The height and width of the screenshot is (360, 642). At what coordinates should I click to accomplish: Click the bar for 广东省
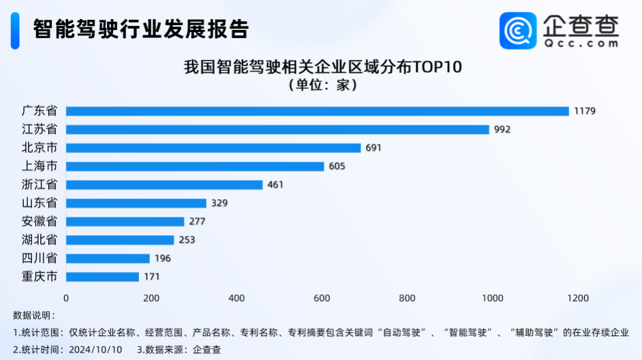coord(317,111)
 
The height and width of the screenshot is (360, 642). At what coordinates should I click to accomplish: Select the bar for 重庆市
coord(102,277)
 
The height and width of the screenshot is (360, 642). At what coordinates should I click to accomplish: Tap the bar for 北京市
coord(213,148)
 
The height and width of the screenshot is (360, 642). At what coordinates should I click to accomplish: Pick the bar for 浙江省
coord(164,185)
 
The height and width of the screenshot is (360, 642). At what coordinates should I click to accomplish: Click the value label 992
coord(502,130)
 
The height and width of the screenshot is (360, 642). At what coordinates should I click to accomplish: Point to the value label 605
coord(337,166)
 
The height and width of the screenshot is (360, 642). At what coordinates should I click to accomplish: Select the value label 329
coord(219,203)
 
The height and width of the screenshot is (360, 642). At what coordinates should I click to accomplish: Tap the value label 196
coord(163,258)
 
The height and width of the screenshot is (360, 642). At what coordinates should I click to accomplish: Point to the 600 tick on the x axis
coord(322,298)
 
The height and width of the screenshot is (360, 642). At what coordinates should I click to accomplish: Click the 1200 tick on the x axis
coord(577,298)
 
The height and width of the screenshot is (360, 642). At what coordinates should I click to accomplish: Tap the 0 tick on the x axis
coord(66,298)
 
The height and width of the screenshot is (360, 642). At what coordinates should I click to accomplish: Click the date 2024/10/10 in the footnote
coord(97,349)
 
